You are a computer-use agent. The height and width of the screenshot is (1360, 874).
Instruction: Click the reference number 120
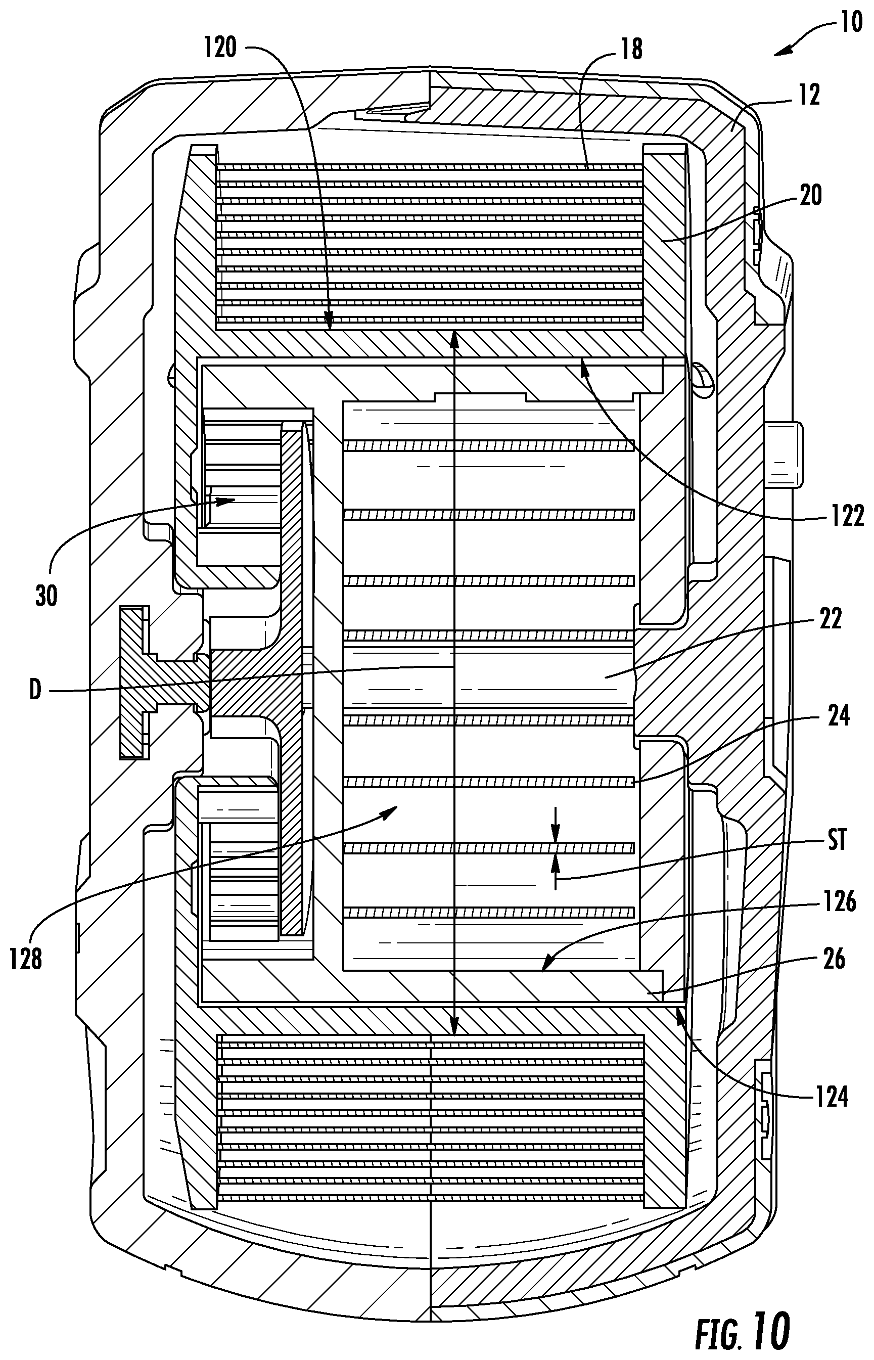[220, 48]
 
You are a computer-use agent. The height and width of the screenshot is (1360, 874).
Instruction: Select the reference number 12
[809, 96]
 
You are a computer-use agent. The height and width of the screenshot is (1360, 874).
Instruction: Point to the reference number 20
[810, 196]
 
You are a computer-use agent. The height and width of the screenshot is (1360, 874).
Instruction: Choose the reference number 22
[831, 619]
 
